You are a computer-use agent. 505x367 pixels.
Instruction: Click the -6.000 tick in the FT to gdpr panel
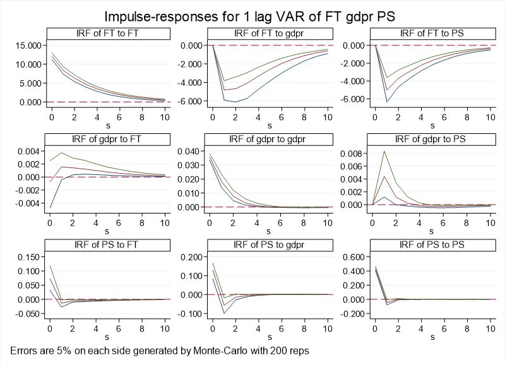[x=189, y=101]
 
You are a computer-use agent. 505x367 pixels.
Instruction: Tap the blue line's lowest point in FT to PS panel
[x=388, y=102]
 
